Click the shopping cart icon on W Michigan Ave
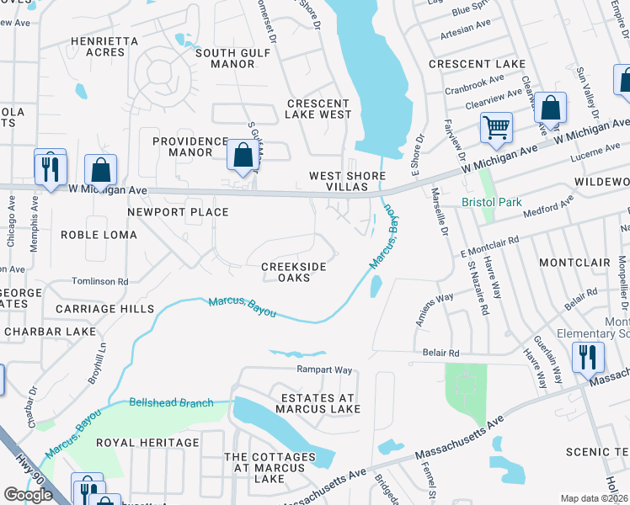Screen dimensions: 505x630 496,129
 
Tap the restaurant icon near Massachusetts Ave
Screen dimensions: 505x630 588,358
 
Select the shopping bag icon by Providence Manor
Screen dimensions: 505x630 243,156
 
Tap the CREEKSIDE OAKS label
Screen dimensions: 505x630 293,273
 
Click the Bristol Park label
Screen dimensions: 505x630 492,203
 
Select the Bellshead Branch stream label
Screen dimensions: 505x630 172,403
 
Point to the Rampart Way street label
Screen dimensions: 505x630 323,369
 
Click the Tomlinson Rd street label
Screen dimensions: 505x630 99,281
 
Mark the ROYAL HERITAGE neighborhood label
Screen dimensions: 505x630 147,442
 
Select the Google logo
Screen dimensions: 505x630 28,495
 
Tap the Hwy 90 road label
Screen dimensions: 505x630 30,468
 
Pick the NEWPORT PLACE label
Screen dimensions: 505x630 178,212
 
